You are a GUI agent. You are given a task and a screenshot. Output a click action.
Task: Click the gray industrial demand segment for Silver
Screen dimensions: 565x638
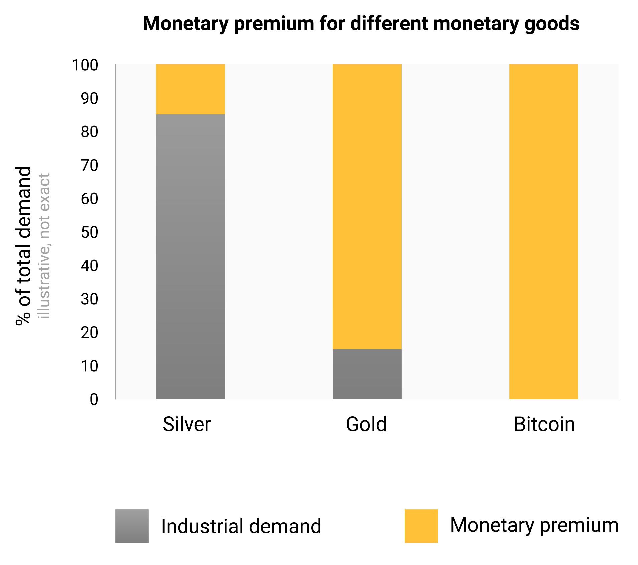pos(190,257)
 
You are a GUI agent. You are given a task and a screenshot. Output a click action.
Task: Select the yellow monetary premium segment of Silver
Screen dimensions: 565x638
pos(190,89)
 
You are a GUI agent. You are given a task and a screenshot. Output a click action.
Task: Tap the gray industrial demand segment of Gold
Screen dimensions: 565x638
pos(367,374)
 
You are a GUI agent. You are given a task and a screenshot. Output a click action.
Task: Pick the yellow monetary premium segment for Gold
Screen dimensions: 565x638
pos(367,206)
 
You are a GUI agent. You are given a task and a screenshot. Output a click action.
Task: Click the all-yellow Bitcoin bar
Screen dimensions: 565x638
pos(543,231)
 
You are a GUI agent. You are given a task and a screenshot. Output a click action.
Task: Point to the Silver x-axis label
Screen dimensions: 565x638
pos(187,424)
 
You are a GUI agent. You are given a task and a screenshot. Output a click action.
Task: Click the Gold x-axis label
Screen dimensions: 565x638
pos(366,424)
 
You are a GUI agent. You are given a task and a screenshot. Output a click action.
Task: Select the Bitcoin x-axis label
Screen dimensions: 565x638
pos(544,424)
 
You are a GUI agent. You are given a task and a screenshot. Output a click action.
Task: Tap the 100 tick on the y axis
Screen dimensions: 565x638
pos(85,65)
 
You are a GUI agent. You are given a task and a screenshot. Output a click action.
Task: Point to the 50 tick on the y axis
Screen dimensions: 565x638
pos(89,232)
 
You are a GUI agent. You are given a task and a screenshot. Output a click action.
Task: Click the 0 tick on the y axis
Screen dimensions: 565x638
pos(94,399)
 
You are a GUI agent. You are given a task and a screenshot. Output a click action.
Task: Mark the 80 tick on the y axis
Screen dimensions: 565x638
pos(89,132)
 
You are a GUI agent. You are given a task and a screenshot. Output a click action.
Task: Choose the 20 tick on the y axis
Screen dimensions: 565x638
pos(89,333)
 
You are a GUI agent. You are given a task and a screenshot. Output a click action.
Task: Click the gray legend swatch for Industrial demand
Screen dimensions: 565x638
pos(132,526)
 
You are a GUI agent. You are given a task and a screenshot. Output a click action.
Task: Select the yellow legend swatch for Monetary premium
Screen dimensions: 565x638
pos(421,526)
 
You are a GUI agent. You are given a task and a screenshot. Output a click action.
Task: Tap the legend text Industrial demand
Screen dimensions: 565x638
pos(241,526)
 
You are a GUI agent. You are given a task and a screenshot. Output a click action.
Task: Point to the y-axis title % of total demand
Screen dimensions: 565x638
pos(23,246)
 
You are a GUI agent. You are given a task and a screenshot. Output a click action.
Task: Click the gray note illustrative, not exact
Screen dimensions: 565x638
pos(44,246)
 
